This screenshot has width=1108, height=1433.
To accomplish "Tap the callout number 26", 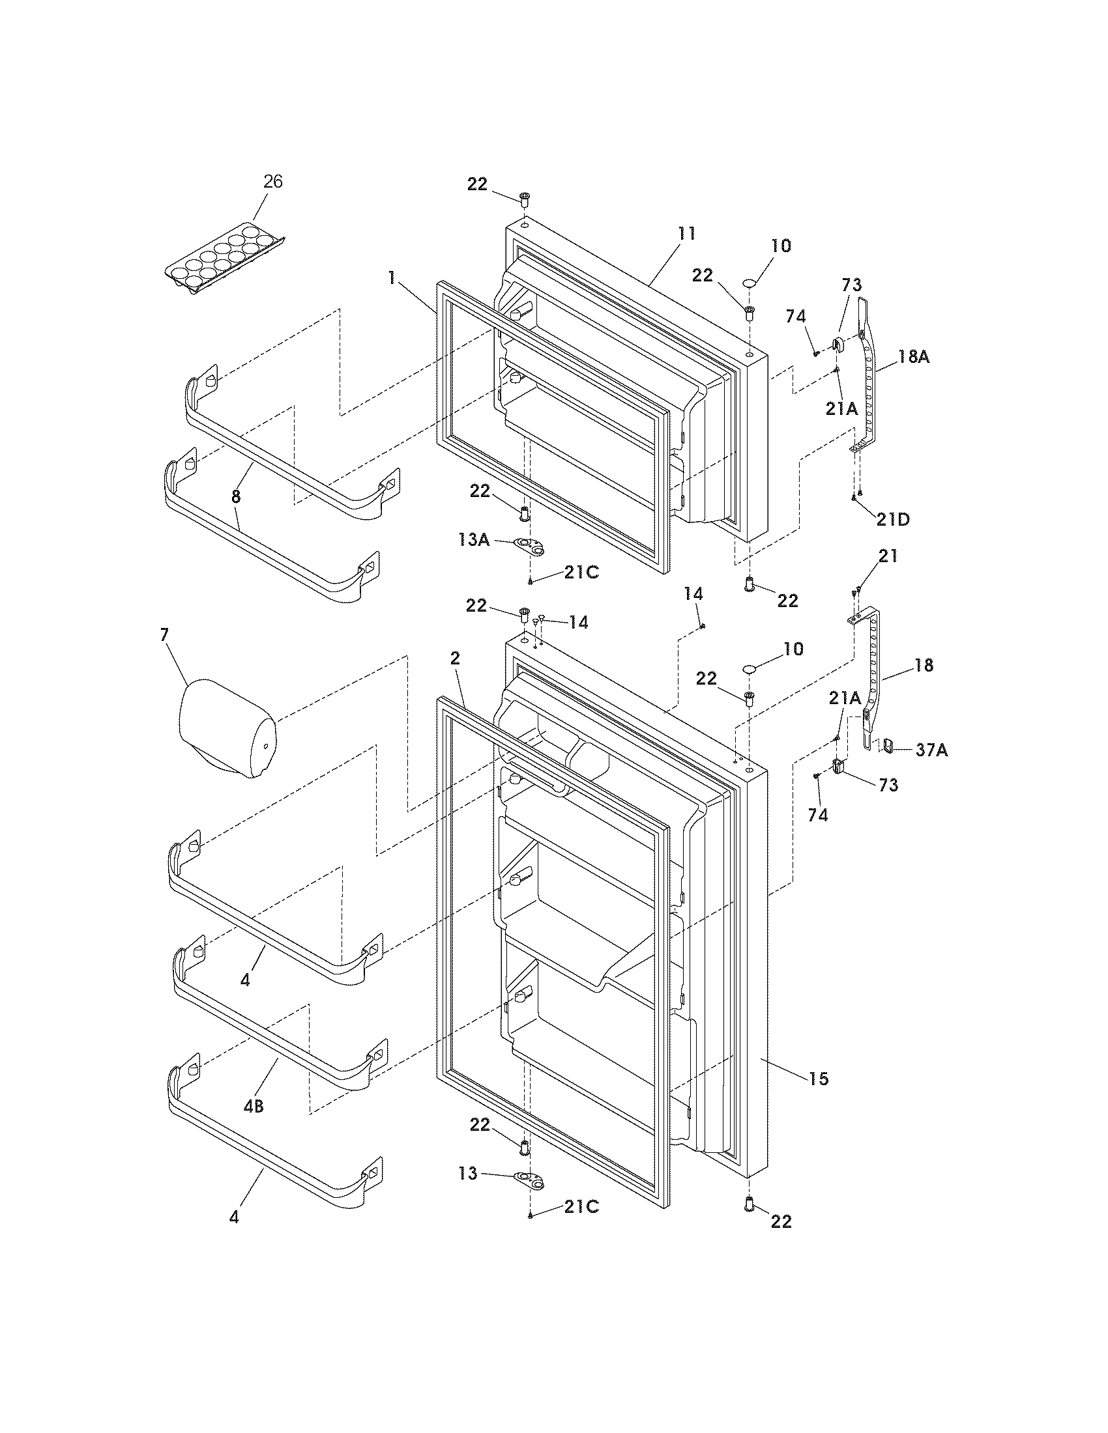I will pyautogui.click(x=272, y=182).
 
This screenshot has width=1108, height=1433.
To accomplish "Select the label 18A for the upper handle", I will pyautogui.click(x=914, y=358).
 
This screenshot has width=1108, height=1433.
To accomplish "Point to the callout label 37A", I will pyautogui.click(x=931, y=750).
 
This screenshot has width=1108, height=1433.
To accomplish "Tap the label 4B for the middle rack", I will pyautogui.click(x=254, y=1107).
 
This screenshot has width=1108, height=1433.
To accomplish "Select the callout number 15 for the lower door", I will pyautogui.click(x=819, y=1078).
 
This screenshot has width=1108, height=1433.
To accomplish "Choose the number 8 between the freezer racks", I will pyautogui.click(x=237, y=497).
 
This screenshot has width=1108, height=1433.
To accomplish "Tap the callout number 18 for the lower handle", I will pyautogui.click(x=923, y=664).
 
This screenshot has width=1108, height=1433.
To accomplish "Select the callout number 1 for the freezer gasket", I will pyautogui.click(x=391, y=278).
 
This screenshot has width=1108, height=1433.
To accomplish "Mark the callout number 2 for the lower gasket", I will pyautogui.click(x=455, y=659).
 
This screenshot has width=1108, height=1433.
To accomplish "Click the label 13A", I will pyautogui.click(x=474, y=540).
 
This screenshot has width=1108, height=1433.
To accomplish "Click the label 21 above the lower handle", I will pyautogui.click(x=888, y=556).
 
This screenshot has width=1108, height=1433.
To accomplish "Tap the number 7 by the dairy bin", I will pyautogui.click(x=164, y=634).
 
